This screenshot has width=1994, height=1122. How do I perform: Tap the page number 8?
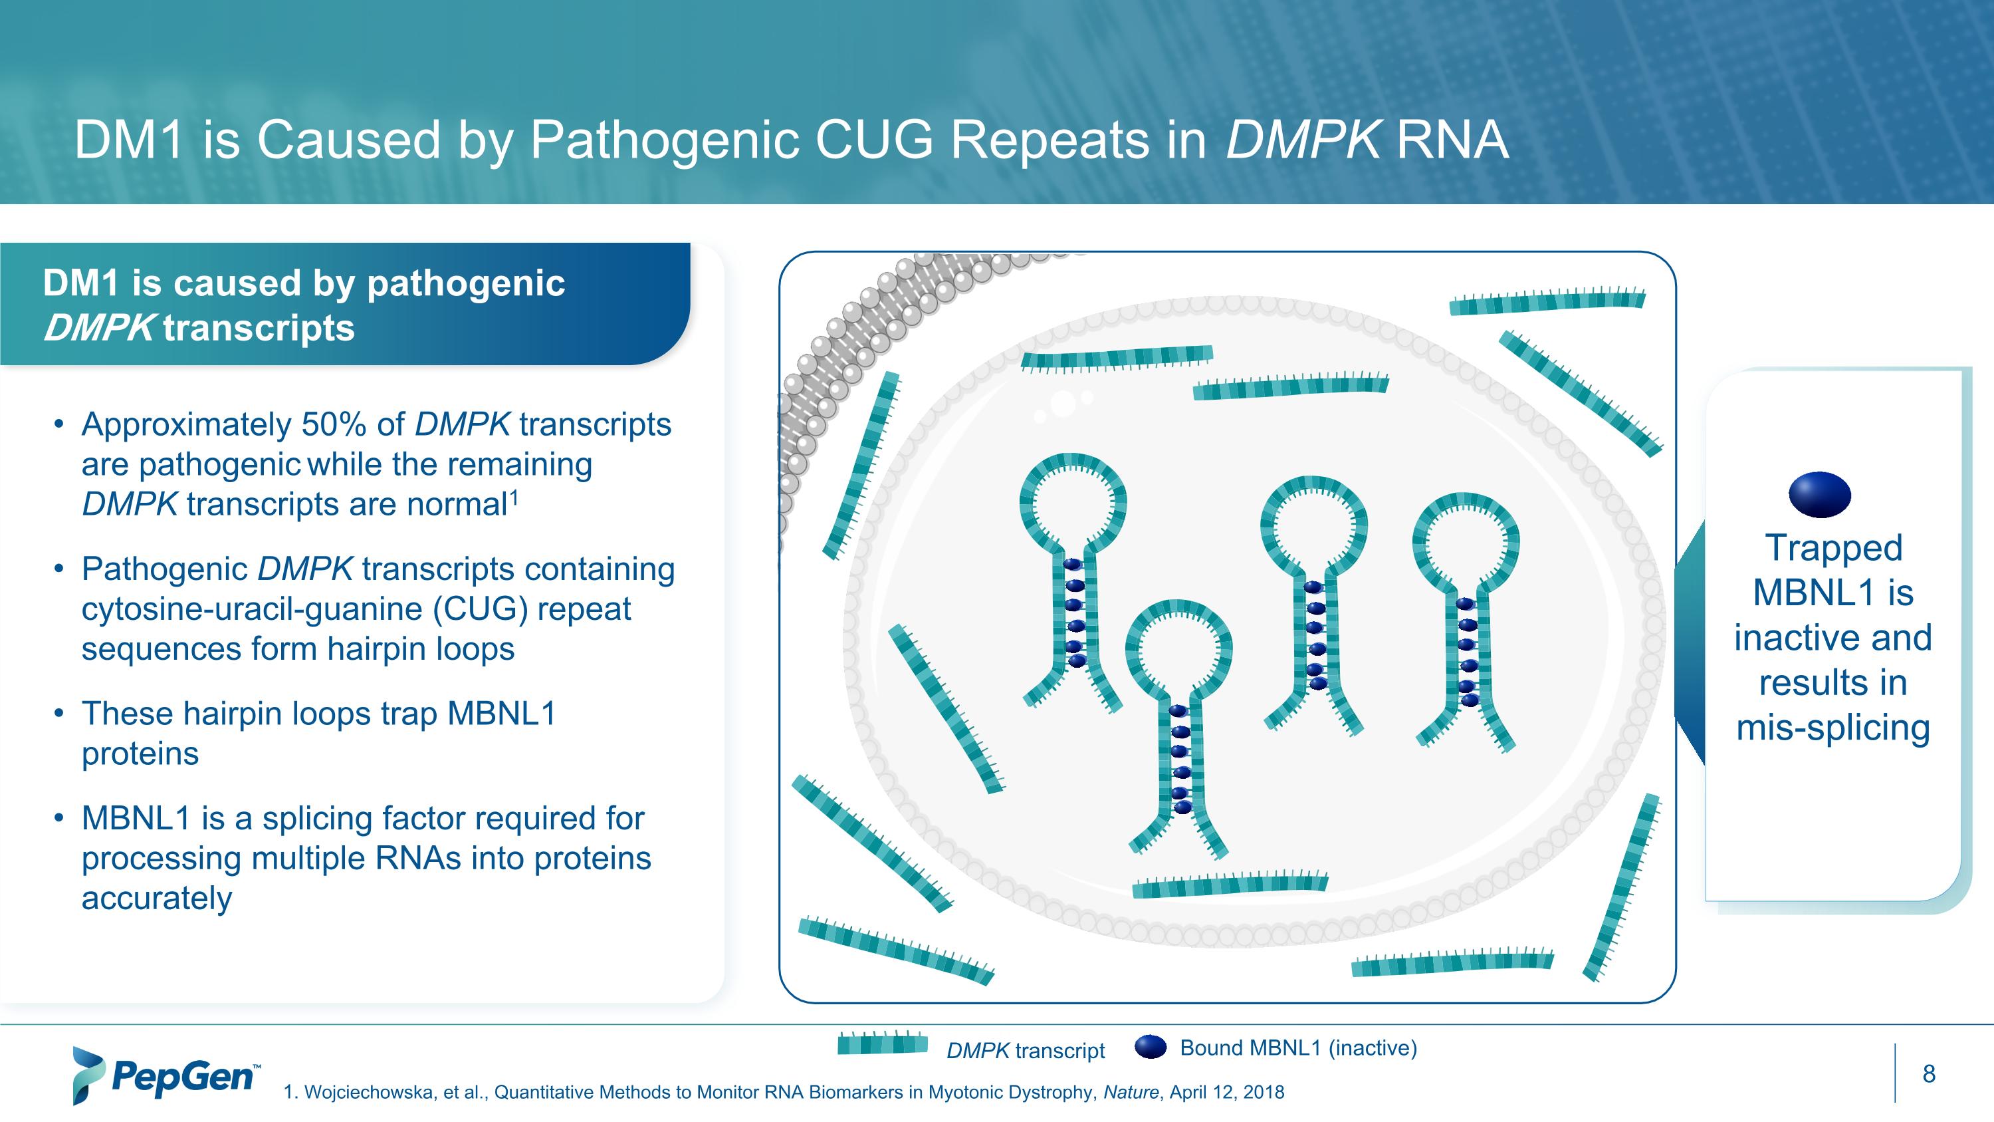coord(1928,1074)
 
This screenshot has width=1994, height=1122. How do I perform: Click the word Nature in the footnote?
coord(1131,1093)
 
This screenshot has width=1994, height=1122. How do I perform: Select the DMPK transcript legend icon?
coord(883,1044)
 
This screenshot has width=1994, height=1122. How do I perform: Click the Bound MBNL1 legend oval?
coord(1151,1048)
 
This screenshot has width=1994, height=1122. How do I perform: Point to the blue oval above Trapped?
coord(1820,494)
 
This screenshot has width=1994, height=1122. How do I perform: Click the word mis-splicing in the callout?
coord(1833,728)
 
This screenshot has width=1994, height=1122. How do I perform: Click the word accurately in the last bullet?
coord(156,899)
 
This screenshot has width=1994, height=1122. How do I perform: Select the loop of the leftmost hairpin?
coord(1073,503)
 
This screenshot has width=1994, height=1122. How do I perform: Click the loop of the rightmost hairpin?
coord(1466,541)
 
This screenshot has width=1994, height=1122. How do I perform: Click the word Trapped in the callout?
coord(1834,548)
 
